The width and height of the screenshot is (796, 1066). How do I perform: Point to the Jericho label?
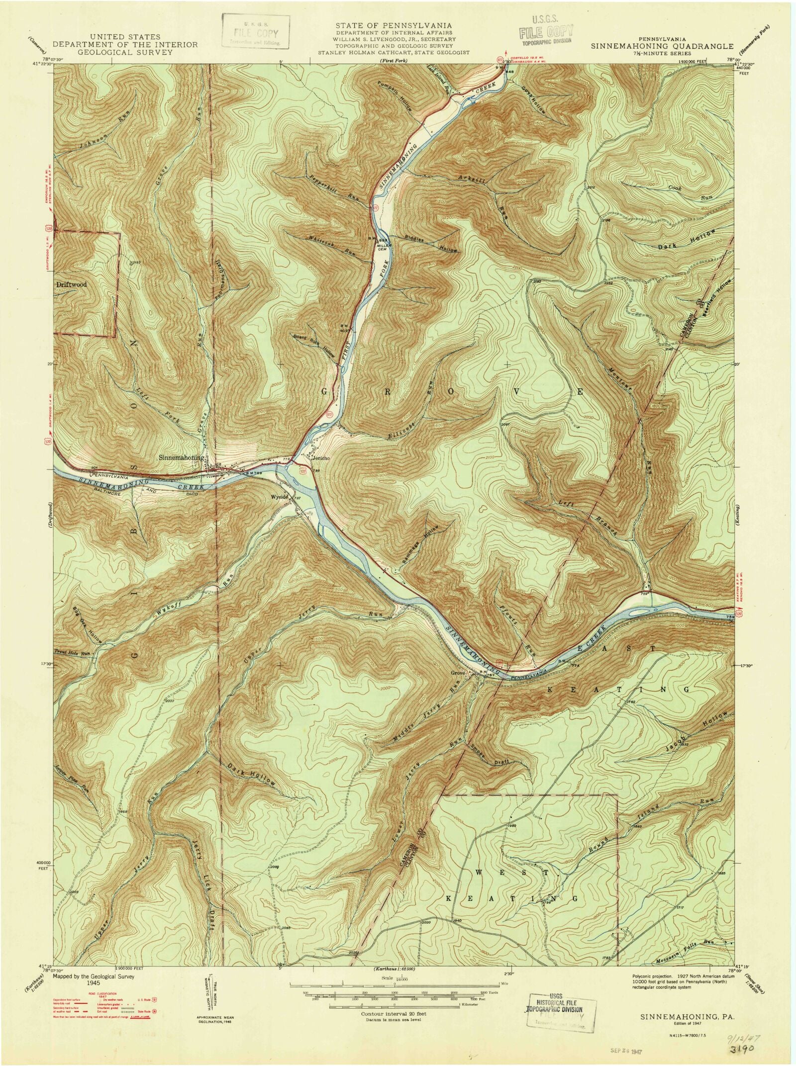(x=320, y=458)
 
